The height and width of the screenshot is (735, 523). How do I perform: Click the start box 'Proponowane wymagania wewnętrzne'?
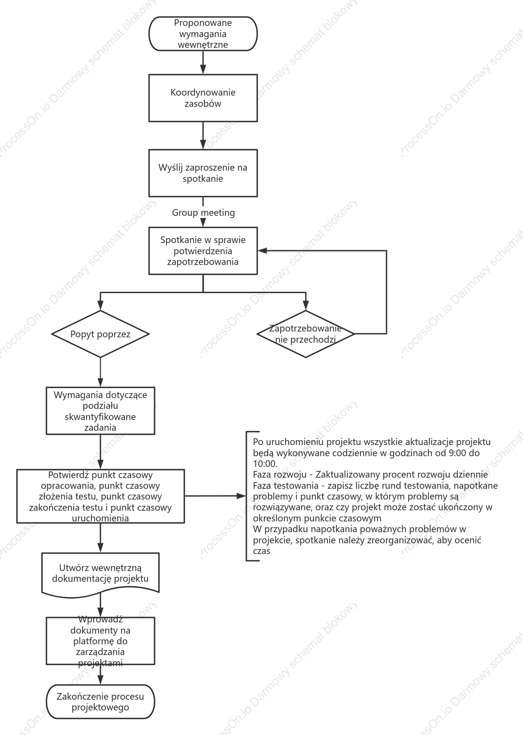tap(203, 34)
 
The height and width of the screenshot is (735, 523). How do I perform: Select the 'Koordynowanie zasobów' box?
tap(203, 98)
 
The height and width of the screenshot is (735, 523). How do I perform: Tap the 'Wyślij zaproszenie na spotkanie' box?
tap(203, 173)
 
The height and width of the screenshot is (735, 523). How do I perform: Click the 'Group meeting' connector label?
tap(203, 213)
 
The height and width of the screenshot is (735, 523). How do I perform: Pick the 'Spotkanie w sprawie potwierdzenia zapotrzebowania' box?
tap(203, 251)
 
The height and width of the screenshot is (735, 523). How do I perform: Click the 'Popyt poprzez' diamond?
tap(100, 334)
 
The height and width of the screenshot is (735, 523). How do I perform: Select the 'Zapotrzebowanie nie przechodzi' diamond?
tap(305, 334)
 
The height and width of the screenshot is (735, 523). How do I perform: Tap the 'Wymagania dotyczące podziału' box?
tap(100, 411)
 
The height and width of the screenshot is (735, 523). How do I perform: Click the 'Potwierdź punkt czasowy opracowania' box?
tap(100, 496)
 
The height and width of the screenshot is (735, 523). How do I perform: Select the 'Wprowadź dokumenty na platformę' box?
tap(100, 641)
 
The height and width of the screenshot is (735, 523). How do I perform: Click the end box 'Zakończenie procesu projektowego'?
tap(100, 701)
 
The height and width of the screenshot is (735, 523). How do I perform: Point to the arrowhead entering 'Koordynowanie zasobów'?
tap(203, 70)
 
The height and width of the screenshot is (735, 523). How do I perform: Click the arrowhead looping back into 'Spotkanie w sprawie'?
tap(262, 251)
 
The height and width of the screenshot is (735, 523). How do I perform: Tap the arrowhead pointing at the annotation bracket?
tap(241, 496)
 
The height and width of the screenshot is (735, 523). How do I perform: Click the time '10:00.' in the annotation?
tap(265, 464)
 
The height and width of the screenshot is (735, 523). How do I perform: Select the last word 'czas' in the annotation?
tap(261, 551)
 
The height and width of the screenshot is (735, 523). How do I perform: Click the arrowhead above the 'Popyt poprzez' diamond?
tap(100, 306)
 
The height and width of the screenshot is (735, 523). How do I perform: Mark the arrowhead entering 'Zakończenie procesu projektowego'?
tap(100, 680)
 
